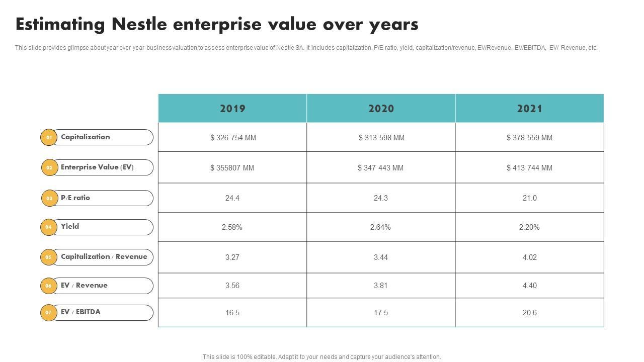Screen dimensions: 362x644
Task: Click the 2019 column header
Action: pos(232,109)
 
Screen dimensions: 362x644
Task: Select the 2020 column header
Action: pos(381,109)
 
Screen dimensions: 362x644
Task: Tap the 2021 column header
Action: pos(529,109)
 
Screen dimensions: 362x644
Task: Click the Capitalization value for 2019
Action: pos(233,138)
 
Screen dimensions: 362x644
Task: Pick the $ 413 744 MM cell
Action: pos(529,168)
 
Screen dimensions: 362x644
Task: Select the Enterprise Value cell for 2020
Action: pos(381,168)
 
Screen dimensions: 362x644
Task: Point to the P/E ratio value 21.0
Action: pos(529,198)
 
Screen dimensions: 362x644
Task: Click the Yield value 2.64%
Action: pos(380,227)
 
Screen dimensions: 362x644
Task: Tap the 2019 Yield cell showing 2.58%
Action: pos(232,227)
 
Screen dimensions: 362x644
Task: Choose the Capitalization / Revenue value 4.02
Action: pos(529,257)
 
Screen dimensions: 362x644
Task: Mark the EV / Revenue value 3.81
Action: pos(381,286)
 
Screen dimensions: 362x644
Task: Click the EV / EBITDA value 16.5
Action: pos(232,313)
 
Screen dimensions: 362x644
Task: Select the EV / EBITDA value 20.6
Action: pos(529,313)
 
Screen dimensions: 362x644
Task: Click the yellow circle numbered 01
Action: pos(49,137)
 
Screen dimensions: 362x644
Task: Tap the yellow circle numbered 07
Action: pos(49,312)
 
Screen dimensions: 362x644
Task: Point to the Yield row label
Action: pos(70,226)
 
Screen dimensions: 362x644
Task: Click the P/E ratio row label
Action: pos(75,198)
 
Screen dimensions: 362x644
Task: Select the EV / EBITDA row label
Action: pos(80,312)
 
